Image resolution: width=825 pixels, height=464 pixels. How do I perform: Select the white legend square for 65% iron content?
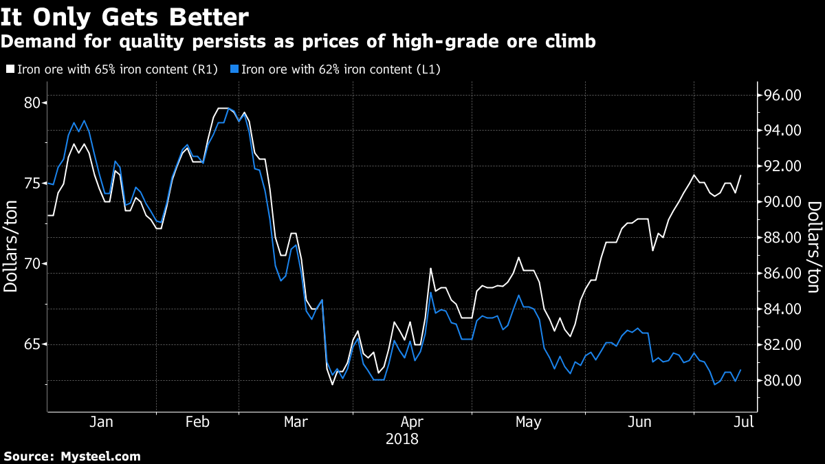pos(10,69)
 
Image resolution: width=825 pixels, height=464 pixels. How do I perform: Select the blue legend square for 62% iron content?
pos(234,69)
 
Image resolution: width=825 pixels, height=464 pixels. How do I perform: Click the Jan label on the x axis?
pos(101,422)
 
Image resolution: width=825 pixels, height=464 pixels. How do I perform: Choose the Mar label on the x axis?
pos(296,422)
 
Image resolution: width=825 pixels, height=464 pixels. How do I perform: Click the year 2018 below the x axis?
pos(402,438)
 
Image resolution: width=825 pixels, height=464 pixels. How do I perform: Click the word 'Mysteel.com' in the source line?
pos(100,456)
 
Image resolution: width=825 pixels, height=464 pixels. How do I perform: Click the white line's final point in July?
pos(740,175)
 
